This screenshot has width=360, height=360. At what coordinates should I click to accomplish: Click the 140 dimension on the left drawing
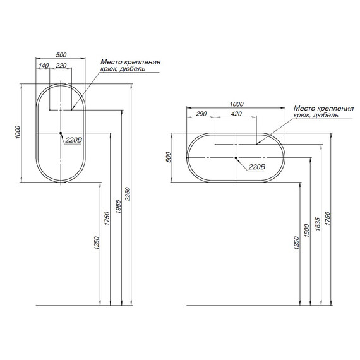tap(44, 66)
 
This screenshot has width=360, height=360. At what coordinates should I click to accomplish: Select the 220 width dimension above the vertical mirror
tap(61, 66)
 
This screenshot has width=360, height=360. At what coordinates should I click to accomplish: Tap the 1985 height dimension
tap(118, 207)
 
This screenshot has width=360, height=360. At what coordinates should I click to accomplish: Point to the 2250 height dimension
tap(128, 195)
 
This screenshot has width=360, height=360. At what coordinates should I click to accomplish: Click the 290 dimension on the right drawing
tap(201, 114)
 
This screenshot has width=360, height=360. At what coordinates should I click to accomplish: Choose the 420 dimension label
tap(236, 114)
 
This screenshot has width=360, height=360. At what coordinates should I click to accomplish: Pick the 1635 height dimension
tap(318, 224)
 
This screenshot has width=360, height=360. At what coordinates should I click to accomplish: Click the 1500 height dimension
tap(307, 231)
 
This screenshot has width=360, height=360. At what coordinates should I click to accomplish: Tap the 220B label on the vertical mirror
tap(73, 140)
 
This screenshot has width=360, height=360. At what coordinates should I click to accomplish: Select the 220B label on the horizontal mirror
tap(256, 167)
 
